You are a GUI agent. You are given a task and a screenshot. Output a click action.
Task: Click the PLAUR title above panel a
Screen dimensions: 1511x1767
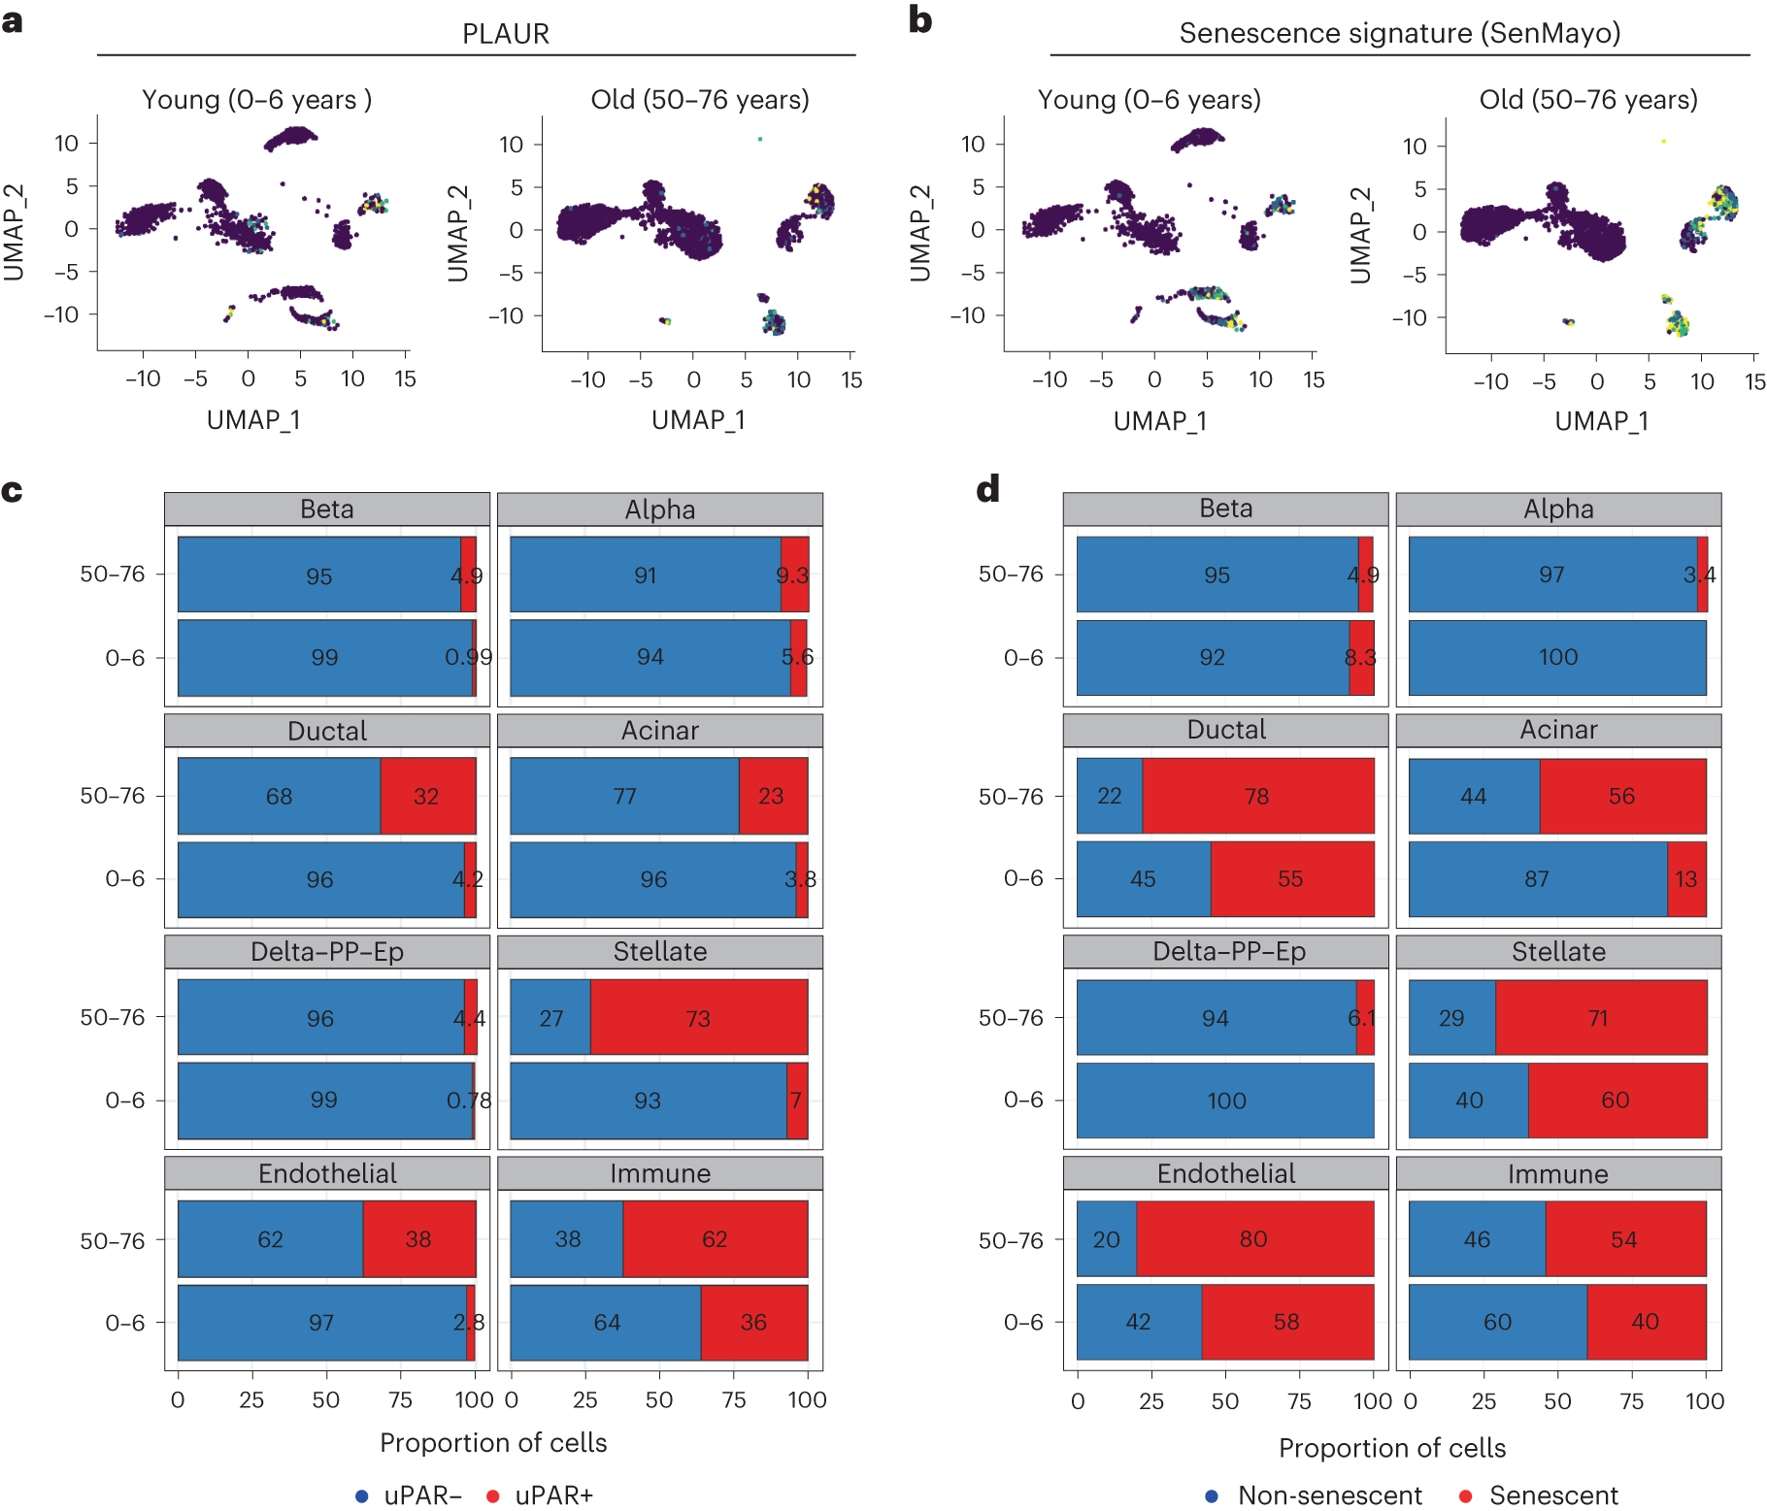pyautogui.click(x=505, y=34)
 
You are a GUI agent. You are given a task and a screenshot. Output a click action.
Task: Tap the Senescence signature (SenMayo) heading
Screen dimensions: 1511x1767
pyautogui.click(x=1399, y=33)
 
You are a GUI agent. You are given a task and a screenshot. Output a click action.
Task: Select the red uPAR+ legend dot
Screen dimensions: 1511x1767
pyautogui.click(x=493, y=1495)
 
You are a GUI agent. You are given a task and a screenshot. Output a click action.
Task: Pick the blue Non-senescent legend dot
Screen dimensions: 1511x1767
pyautogui.click(x=1212, y=1495)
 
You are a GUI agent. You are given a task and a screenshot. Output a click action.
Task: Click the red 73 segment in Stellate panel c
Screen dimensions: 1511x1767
pyautogui.click(x=698, y=1017)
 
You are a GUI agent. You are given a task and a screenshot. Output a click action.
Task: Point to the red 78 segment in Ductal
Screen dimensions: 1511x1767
pyautogui.click(x=1257, y=796)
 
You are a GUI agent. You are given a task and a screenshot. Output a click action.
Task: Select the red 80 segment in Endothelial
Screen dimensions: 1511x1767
pyautogui.click(x=1254, y=1238)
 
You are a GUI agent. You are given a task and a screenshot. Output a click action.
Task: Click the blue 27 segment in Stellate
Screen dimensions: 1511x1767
pyautogui.click(x=550, y=1017)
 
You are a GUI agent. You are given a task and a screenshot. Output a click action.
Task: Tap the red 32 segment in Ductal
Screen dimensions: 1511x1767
pyautogui.click(x=427, y=796)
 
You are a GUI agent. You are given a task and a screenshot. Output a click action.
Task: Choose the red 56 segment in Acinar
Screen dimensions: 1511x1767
pyautogui.click(x=1622, y=796)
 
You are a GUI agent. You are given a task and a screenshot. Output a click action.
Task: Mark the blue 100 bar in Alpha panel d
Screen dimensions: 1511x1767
pyautogui.click(x=1557, y=657)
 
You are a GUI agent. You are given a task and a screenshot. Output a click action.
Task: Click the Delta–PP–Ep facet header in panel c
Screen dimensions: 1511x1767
pyautogui.click(x=327, y=951)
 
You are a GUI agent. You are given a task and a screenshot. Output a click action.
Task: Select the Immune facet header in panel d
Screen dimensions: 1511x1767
pyautogui.click(x=1557, y=1173)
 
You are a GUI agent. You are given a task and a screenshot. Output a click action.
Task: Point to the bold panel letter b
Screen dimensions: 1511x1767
pyautogui.click(x=920, y=20)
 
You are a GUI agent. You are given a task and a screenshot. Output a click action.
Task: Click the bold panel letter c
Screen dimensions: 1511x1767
pyautogui.click(x=13, y=491)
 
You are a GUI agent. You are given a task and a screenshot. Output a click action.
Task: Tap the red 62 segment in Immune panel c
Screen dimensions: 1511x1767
pyautogui.click(x=715, y=1238)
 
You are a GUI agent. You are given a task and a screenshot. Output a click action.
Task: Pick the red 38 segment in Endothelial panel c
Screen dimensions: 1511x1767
pyautogui.click(x=418, y=1238)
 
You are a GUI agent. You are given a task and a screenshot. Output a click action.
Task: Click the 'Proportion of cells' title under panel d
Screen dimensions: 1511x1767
pyautogui.click(x=1391, y=1448)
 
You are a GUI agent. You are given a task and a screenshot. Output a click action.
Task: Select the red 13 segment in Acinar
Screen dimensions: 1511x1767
pyautogui.click(x=1686, y=879)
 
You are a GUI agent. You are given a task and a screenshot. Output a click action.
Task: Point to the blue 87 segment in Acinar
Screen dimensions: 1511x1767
pyautogui.click(x=1537, y=879)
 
